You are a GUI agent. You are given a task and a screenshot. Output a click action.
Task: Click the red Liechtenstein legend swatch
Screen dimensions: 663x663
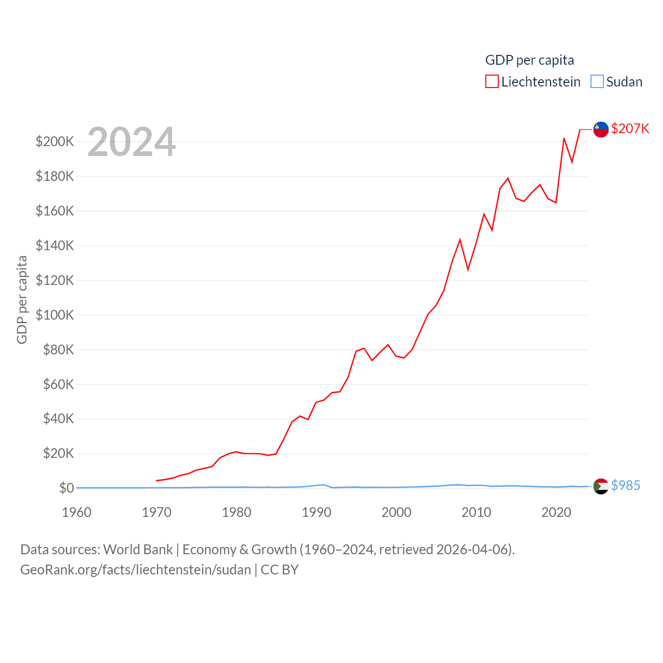[x=492, y=82]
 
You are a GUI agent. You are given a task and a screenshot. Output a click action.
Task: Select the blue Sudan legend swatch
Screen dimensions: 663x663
[x=597, y=82]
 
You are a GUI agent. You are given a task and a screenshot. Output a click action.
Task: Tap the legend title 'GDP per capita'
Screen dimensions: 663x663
[x=529, y=60]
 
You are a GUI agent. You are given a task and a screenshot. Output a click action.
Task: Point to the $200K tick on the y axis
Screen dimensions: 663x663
[x=55, y=141]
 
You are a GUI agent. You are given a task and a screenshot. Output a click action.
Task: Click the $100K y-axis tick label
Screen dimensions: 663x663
[x=55, y=315]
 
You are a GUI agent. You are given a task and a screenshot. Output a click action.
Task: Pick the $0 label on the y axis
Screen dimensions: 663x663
[x=66, y=488]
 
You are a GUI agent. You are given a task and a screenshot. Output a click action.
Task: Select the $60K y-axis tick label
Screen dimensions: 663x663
[x=59, y=384]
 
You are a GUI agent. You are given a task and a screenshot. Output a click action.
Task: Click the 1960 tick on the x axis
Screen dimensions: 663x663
[x=77, y=512]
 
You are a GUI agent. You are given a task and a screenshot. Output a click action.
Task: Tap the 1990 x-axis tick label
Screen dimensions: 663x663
[x=316, y=512]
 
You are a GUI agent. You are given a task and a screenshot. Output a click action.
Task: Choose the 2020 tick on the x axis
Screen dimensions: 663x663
[x=556, y=512]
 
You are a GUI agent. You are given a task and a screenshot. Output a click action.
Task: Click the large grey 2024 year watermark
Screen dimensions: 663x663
[x=132, y=142]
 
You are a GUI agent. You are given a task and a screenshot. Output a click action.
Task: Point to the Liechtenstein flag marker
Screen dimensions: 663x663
[x=601, y=129]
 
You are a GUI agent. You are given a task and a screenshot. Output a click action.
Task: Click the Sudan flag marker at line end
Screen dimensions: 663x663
[x=601, y=486]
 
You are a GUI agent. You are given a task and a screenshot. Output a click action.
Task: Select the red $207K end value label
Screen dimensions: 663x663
[x=630, y=128]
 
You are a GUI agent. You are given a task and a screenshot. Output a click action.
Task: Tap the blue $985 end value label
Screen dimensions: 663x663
[x=626, y=485]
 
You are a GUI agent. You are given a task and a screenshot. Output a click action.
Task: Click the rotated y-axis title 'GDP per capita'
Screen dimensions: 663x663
[x=22, y=299]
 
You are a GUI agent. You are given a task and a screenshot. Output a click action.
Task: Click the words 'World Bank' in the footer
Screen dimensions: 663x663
[x=138, y=549]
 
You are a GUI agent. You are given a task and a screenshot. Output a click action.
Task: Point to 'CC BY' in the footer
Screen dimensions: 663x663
[x=279, y=570]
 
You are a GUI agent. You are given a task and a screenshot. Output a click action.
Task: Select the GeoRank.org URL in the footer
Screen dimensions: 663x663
[x=135, y=570]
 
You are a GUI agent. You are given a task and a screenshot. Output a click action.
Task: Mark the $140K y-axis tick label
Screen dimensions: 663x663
[x=55, y=246]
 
